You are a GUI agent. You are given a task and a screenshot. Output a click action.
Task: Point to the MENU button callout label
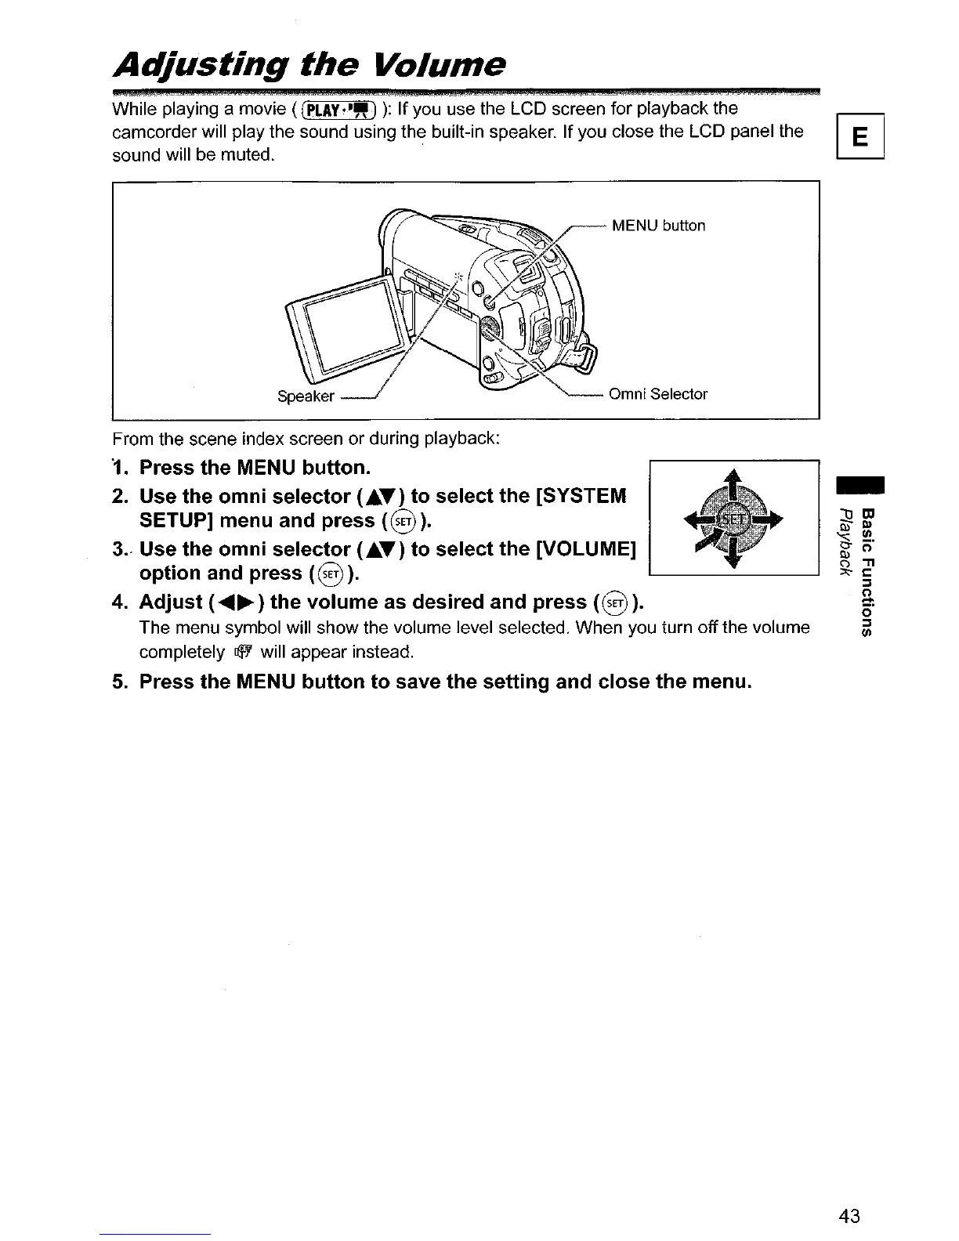pyautogui.click(x=658, y=226)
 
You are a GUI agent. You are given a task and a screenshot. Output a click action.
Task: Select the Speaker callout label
pyautogui.click(x=306, y=396)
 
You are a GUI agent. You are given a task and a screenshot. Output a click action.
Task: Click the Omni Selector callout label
pyautogui.click(x=658, y=394)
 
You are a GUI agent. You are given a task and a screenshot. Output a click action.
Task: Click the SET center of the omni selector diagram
pyautogui.click(x=734, y=519)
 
